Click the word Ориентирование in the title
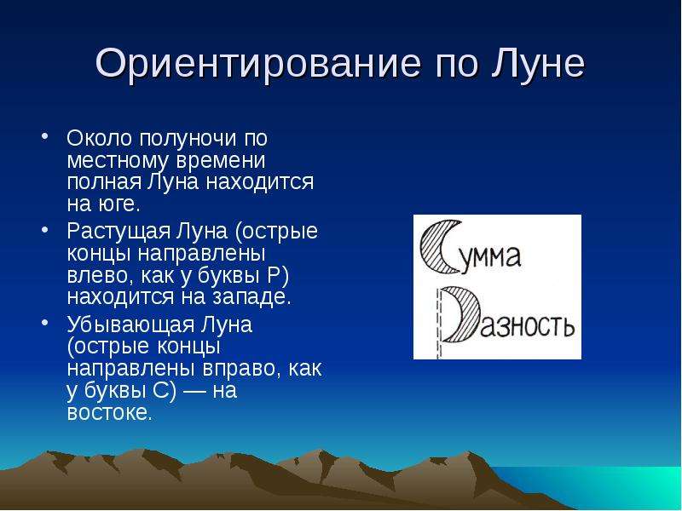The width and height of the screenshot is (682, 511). point(258,64)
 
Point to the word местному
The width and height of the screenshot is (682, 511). point(117,161)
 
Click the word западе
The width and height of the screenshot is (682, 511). point(251,298)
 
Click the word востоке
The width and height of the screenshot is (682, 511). point(110,413)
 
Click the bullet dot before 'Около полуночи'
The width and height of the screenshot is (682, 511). point(44,135)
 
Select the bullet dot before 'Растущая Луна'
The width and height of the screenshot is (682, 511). point(44,229)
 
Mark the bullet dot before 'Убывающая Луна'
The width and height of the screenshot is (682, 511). point(44,322)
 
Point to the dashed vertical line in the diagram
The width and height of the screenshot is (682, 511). point(438,324)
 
